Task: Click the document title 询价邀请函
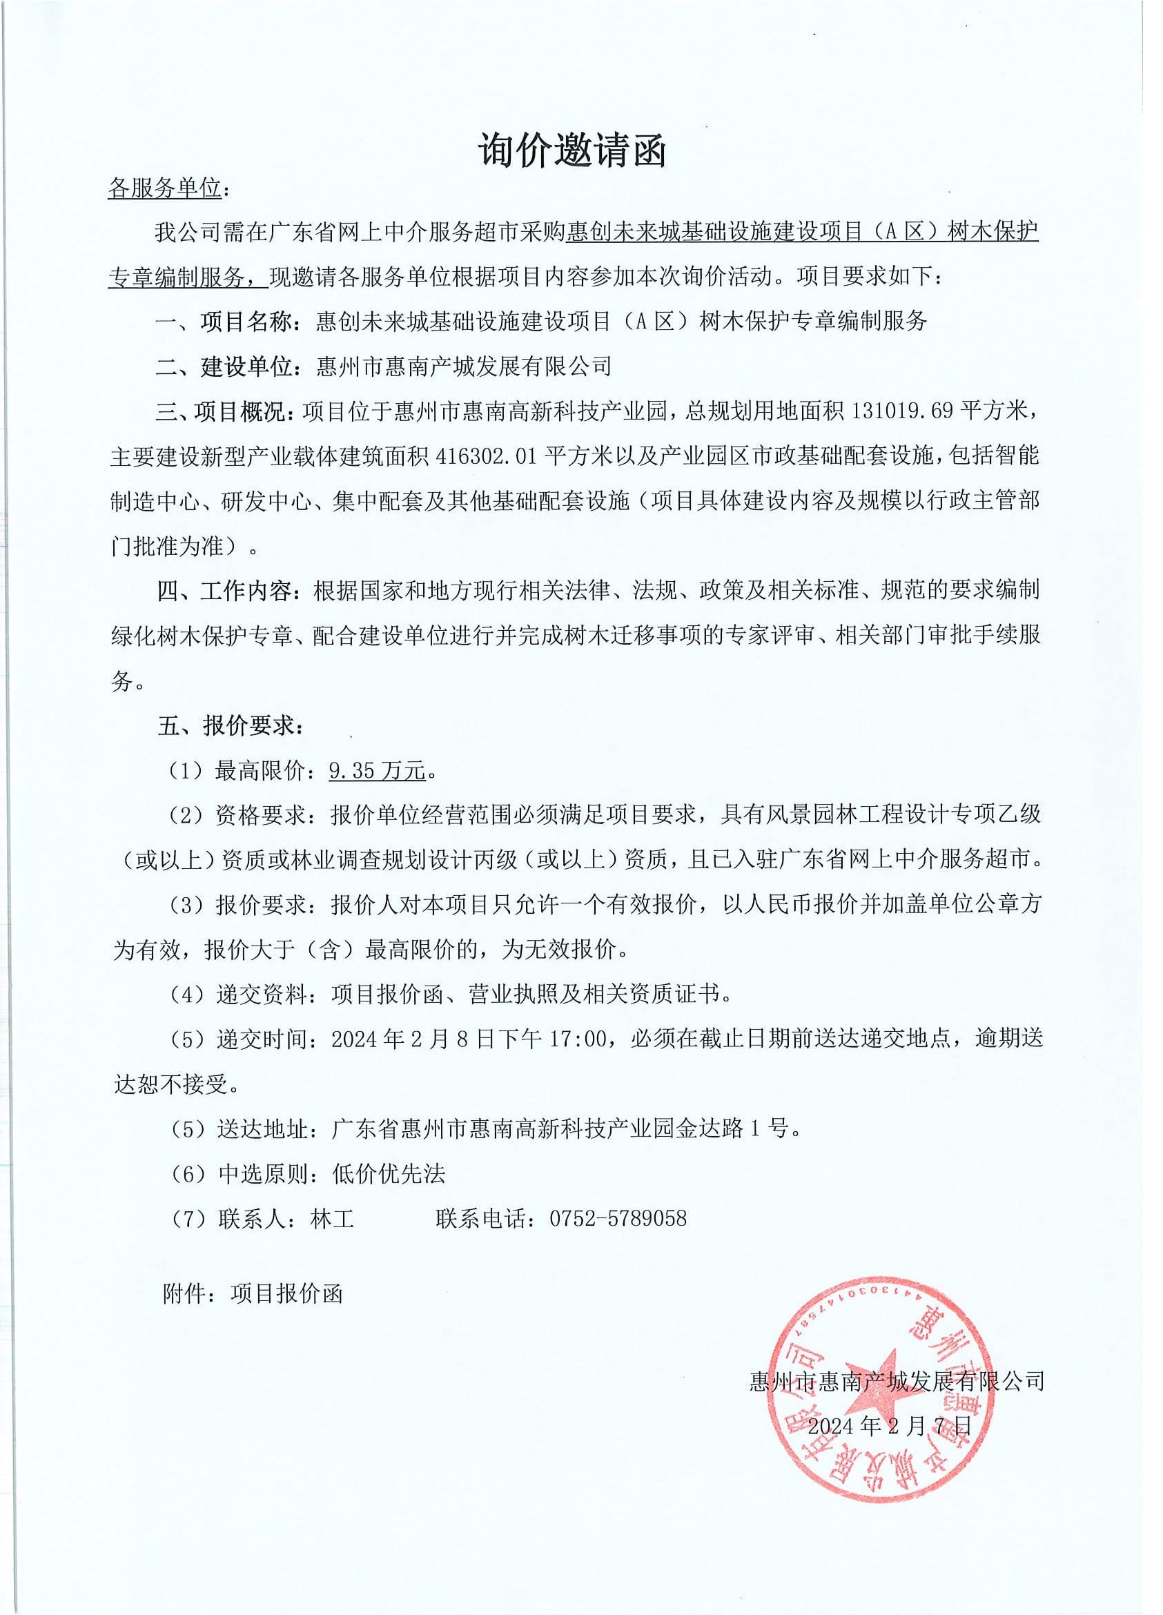coord(571,150)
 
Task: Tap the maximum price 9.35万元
coord(377,770)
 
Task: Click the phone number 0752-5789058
coord(618,1218)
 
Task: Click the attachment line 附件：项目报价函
coord(253,1294)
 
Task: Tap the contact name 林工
coord(332,1218)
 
